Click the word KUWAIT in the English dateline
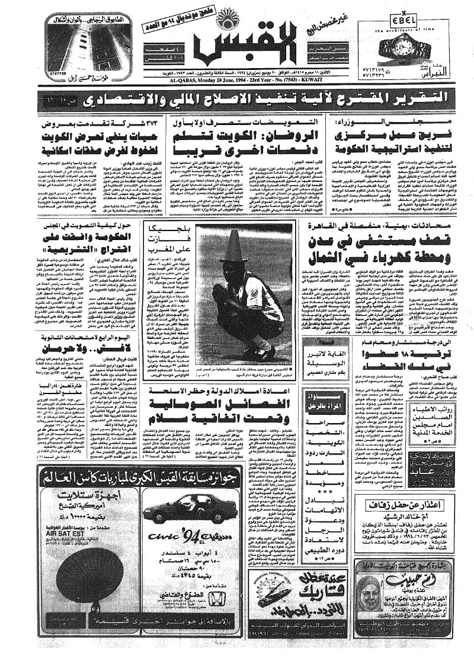tap(309, 83)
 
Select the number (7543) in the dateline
tap(282, 83)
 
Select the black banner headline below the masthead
tap(237, 97)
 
